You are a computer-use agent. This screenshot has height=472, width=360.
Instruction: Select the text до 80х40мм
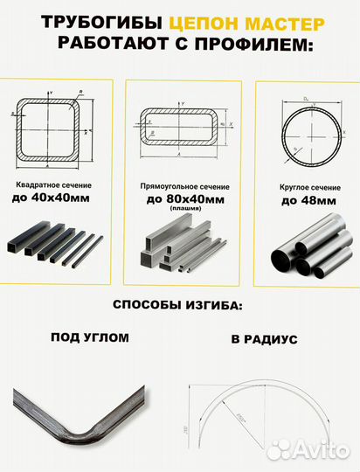click(183, 200)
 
